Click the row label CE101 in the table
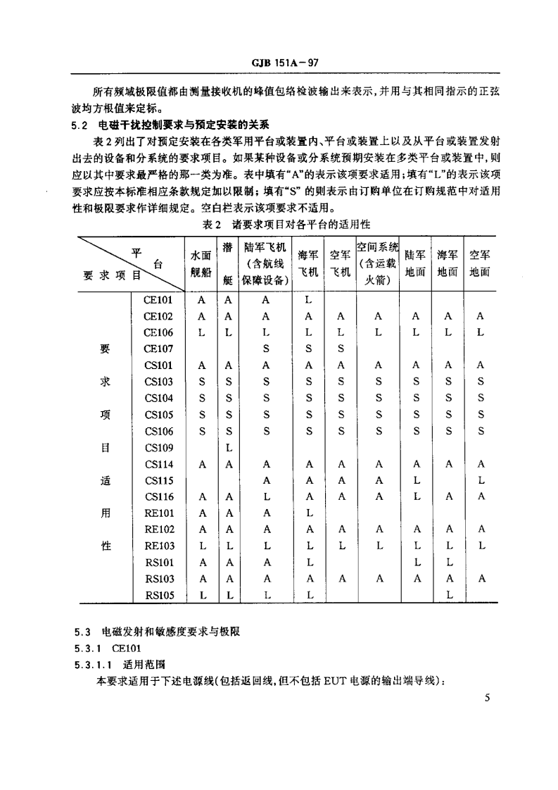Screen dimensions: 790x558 [158, 299]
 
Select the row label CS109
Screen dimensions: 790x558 [158, 447]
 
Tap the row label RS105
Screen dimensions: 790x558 [159, 595]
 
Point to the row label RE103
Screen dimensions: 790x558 [159, 546]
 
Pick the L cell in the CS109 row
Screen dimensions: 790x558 [227, 447]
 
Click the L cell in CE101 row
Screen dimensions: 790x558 [307, 299]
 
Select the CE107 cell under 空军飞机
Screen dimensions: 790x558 [341, 349]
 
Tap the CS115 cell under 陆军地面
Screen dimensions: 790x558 [415, 479]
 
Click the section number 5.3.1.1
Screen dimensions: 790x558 [94, 665]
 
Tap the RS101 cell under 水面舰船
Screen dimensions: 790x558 [201, 563]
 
